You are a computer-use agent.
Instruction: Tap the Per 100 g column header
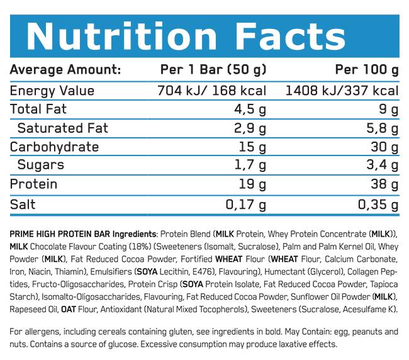point(366,69)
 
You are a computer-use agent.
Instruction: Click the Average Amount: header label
point(65,69)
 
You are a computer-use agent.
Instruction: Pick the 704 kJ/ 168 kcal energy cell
point(211,91)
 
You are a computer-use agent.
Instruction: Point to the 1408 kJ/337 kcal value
point(342,91)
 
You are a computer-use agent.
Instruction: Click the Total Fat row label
point(38,110)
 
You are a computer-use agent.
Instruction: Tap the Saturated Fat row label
point(63,128)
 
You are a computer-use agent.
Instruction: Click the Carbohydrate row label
point(55,147)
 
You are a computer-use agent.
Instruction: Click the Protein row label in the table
point(34,184)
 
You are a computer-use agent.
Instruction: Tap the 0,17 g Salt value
point(246,205)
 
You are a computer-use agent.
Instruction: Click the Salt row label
point(23,205)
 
